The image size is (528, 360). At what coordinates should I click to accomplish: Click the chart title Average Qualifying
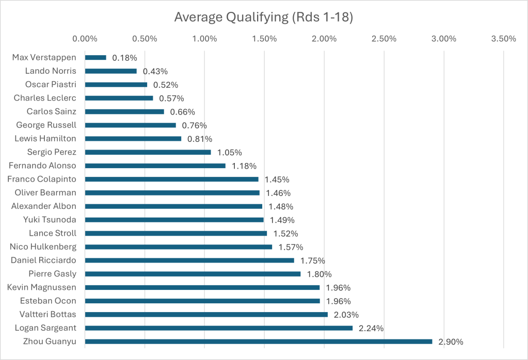263,17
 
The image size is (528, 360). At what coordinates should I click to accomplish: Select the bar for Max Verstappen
95,57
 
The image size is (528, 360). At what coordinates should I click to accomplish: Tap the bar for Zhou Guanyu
258,341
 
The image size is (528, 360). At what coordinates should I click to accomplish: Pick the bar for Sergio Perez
148,152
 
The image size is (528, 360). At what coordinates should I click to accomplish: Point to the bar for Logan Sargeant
218,328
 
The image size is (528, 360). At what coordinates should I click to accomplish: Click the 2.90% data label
451,341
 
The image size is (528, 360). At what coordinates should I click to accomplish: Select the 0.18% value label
124,57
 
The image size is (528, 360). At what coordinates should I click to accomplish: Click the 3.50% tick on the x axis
504,39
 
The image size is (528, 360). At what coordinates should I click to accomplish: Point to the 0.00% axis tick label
85,39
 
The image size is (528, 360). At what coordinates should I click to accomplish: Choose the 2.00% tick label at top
324,39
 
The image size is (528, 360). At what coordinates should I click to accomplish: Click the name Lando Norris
51,71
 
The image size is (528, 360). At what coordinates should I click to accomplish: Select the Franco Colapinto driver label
42,179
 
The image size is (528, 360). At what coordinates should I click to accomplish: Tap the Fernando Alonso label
43,166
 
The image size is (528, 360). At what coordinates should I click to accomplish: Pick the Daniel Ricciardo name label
43,260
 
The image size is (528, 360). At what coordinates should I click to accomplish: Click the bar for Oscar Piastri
116,85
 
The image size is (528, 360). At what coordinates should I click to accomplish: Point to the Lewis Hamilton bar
133,138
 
